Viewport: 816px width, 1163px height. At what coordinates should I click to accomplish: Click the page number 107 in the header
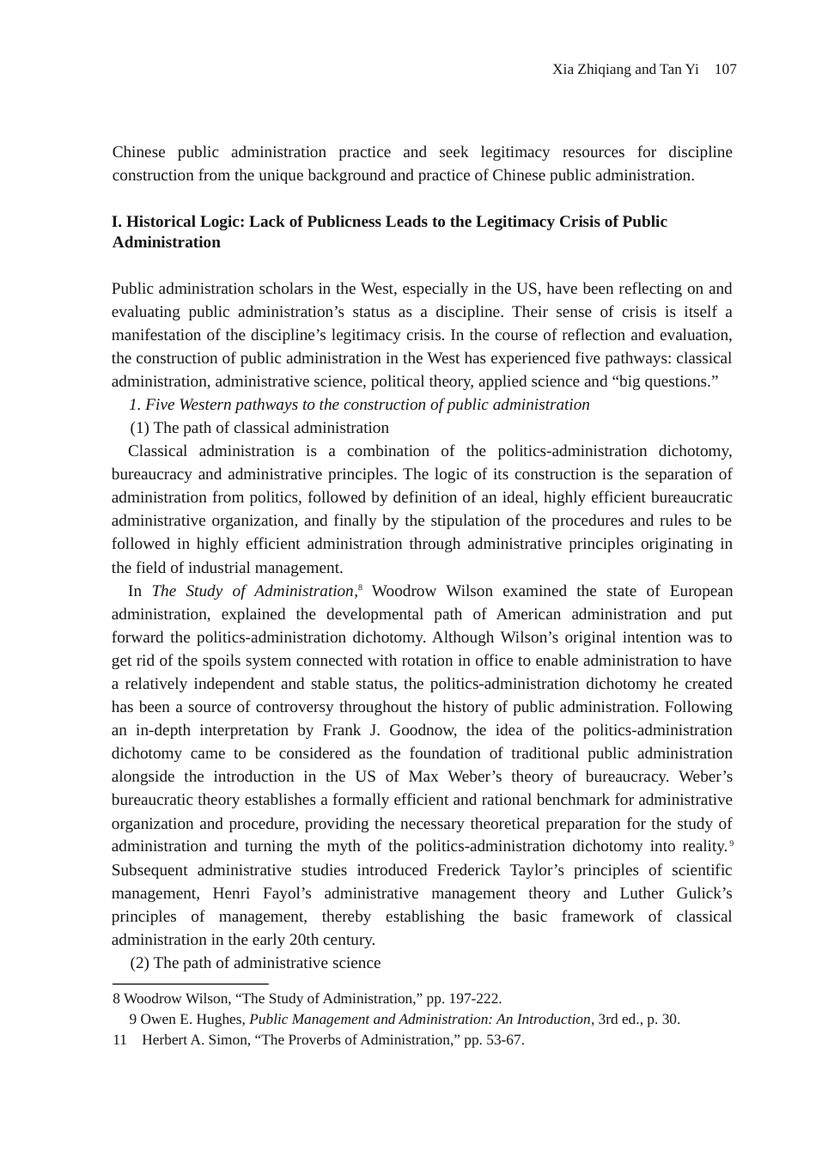(725, 70)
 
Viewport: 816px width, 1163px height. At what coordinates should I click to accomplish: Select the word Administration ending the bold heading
(167, 242)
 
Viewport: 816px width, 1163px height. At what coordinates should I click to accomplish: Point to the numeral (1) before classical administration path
(139, 428)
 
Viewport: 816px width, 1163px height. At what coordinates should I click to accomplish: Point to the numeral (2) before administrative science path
(139, 963)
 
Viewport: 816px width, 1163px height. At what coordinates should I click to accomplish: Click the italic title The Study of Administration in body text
(253, 591)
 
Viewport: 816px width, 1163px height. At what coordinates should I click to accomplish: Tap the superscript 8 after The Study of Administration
(360, 587)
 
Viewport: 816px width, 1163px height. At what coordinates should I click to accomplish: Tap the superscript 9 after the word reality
(731, 842)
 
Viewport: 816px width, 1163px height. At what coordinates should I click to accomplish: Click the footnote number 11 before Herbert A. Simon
(119, 1040)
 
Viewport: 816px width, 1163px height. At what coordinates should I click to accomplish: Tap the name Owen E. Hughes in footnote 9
(192, 1020)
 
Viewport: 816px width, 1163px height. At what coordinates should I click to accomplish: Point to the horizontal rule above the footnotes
(191, 984)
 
